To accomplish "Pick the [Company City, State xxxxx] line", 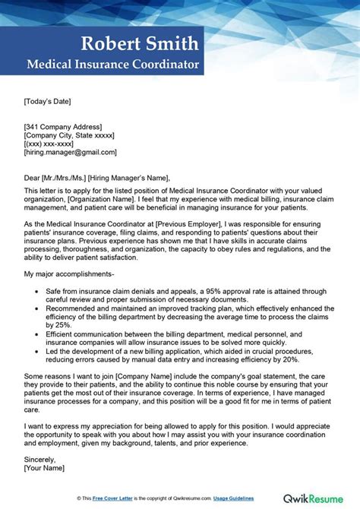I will pyautogui.click(x=69, y=135).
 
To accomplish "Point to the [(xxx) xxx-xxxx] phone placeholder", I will pyautogui.click(x=48, y=144).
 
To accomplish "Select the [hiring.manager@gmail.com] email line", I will pyautogui.click(x=68, y=153).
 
